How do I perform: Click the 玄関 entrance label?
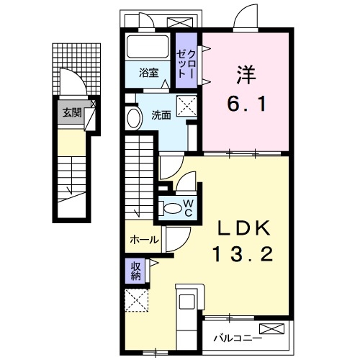pyautogui.click(x=70, y=112)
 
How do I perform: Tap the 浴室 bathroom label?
pyautogui.click(x=150, y=72)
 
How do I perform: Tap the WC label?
pyautogui.click(x=186, y=207)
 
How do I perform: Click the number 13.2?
pyautogui.click(x=243, y=255)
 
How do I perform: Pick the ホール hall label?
pyautogui.click(x=144, y=240)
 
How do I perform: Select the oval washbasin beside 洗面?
pyautogui.click(x=133, y=119)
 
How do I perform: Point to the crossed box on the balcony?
pyautogui.click(x=275, y=330)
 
